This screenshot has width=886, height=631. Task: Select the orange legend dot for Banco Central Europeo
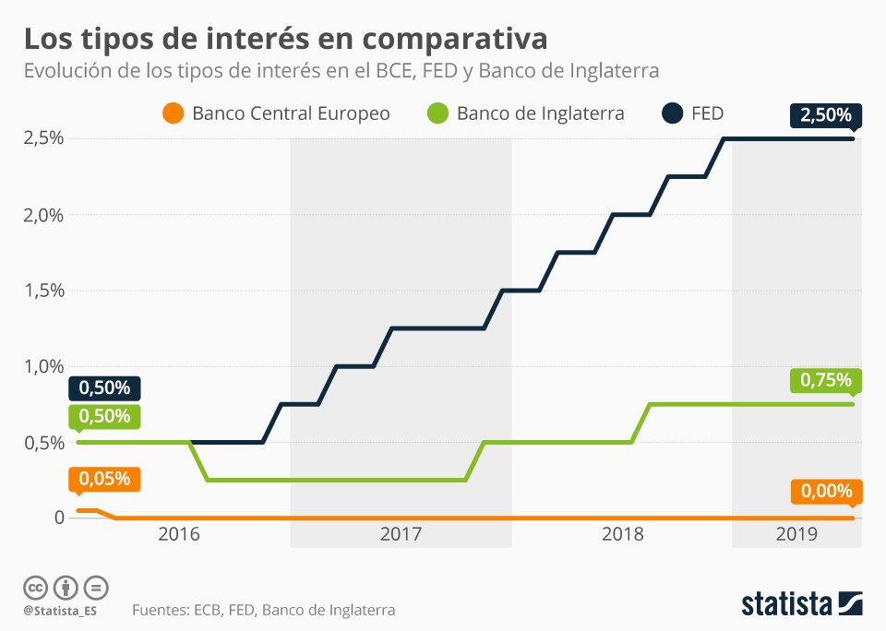[173, 113]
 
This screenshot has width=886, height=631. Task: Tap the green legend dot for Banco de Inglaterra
[438, 113]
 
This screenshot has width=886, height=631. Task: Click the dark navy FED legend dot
[673, 113]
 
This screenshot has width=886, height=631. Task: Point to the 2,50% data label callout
[825, 116]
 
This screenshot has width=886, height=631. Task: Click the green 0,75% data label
[825, 380]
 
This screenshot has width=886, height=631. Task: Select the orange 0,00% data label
[825, 492]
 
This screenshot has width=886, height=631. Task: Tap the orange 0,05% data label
[104, 480]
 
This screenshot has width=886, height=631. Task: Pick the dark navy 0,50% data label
[104, 387]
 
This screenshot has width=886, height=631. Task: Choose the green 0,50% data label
[104, 416]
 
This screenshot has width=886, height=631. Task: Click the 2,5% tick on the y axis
[43, 138]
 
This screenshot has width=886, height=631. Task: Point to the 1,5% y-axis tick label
[43, 291]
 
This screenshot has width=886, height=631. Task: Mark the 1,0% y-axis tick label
[43, 366]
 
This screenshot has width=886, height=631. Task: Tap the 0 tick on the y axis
[60, 518]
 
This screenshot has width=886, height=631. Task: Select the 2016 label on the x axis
[178, 534]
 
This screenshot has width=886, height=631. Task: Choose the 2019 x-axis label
[796, 534]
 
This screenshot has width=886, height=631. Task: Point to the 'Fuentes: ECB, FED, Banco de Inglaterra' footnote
[263, 610]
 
